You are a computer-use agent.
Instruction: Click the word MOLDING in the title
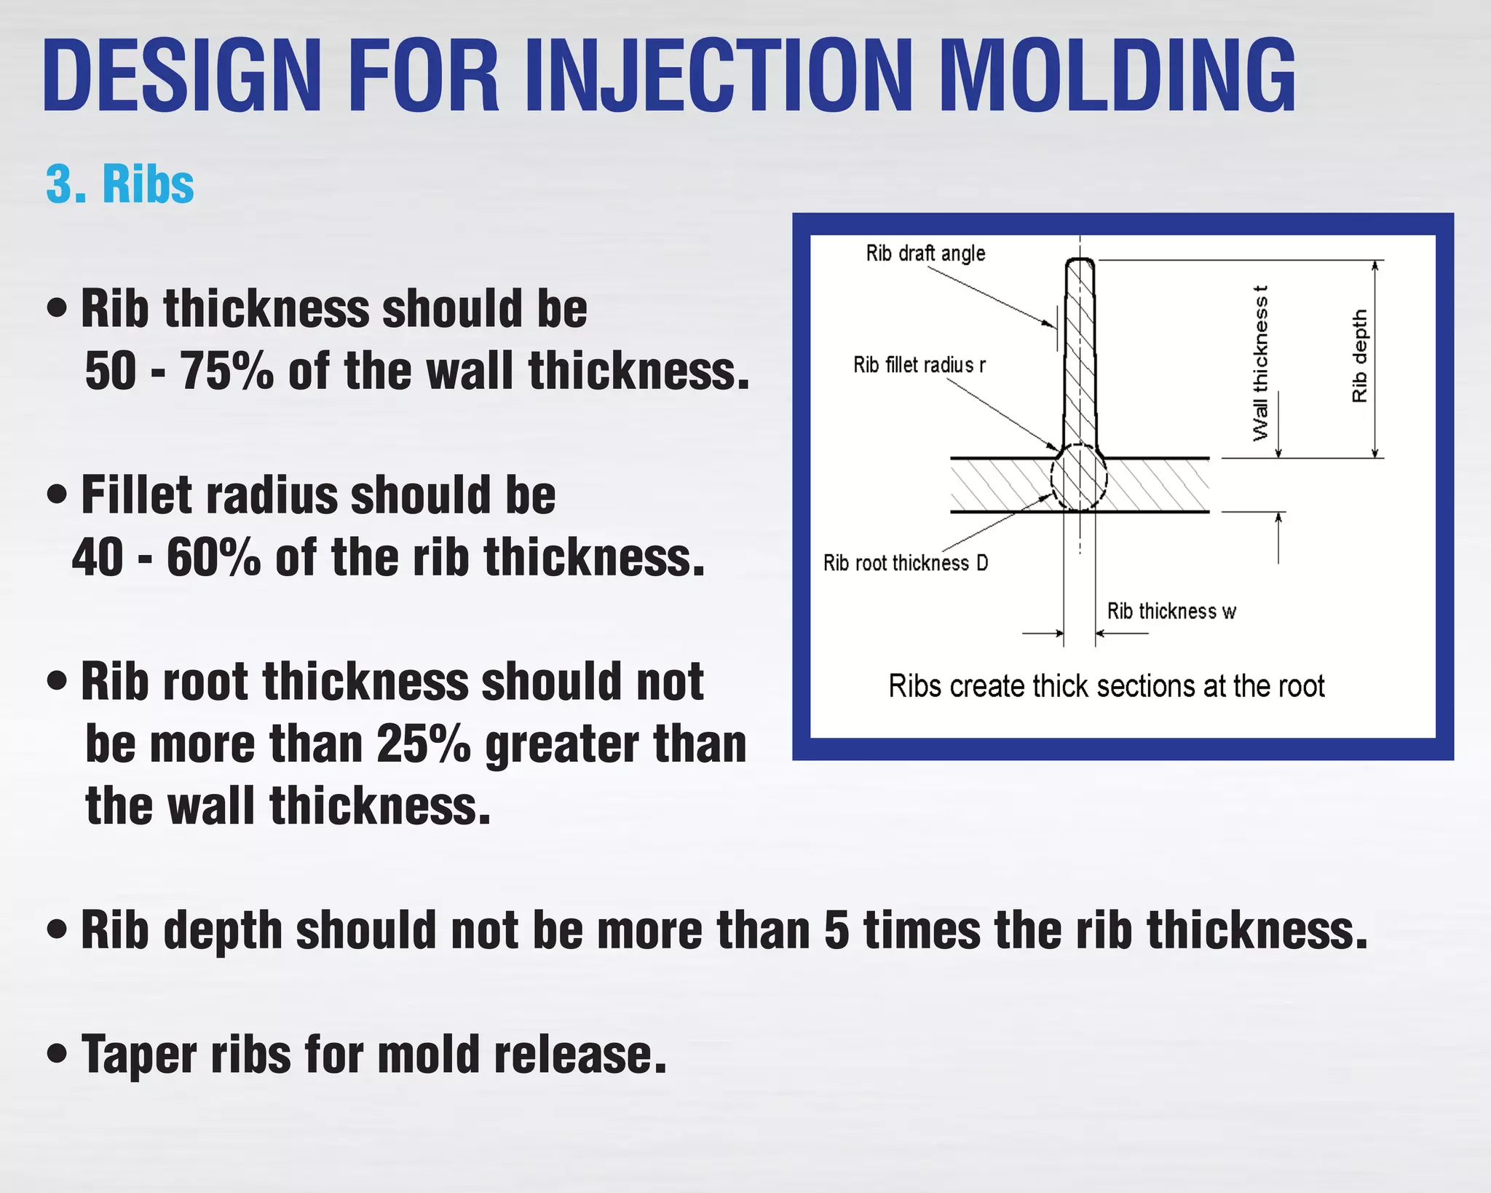[x=1118, y=76]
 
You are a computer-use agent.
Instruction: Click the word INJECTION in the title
[x=717, y=76]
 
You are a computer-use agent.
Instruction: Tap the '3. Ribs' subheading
[x=120, y=184]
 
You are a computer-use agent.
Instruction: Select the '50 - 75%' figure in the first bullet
[x=179, y=371]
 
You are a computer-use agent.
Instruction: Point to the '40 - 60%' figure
[x=166, y=558]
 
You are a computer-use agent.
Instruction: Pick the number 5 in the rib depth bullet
[x=837, y=931]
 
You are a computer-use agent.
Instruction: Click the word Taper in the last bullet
[x=138, y=1056]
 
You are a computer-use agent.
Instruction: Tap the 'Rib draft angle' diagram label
[x=925, y=253]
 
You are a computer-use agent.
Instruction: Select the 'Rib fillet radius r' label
[x=919, y=364]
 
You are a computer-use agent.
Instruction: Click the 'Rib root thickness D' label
[x=906, y=563]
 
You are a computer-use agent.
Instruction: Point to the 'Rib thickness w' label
[x=1171, y=611]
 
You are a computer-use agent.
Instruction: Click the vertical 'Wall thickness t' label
[x=1260, y=363]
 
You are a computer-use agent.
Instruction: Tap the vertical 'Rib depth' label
[x=1359, y=355]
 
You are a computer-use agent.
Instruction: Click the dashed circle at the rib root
[x=1079, y=478]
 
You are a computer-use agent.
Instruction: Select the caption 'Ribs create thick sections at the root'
[x=1107, y=686]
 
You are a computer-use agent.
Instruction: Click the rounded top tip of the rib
[x=1080, y=261]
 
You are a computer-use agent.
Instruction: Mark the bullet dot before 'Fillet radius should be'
[x=56, y=495]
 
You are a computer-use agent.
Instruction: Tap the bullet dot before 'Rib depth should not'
[x=56, y=930]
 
